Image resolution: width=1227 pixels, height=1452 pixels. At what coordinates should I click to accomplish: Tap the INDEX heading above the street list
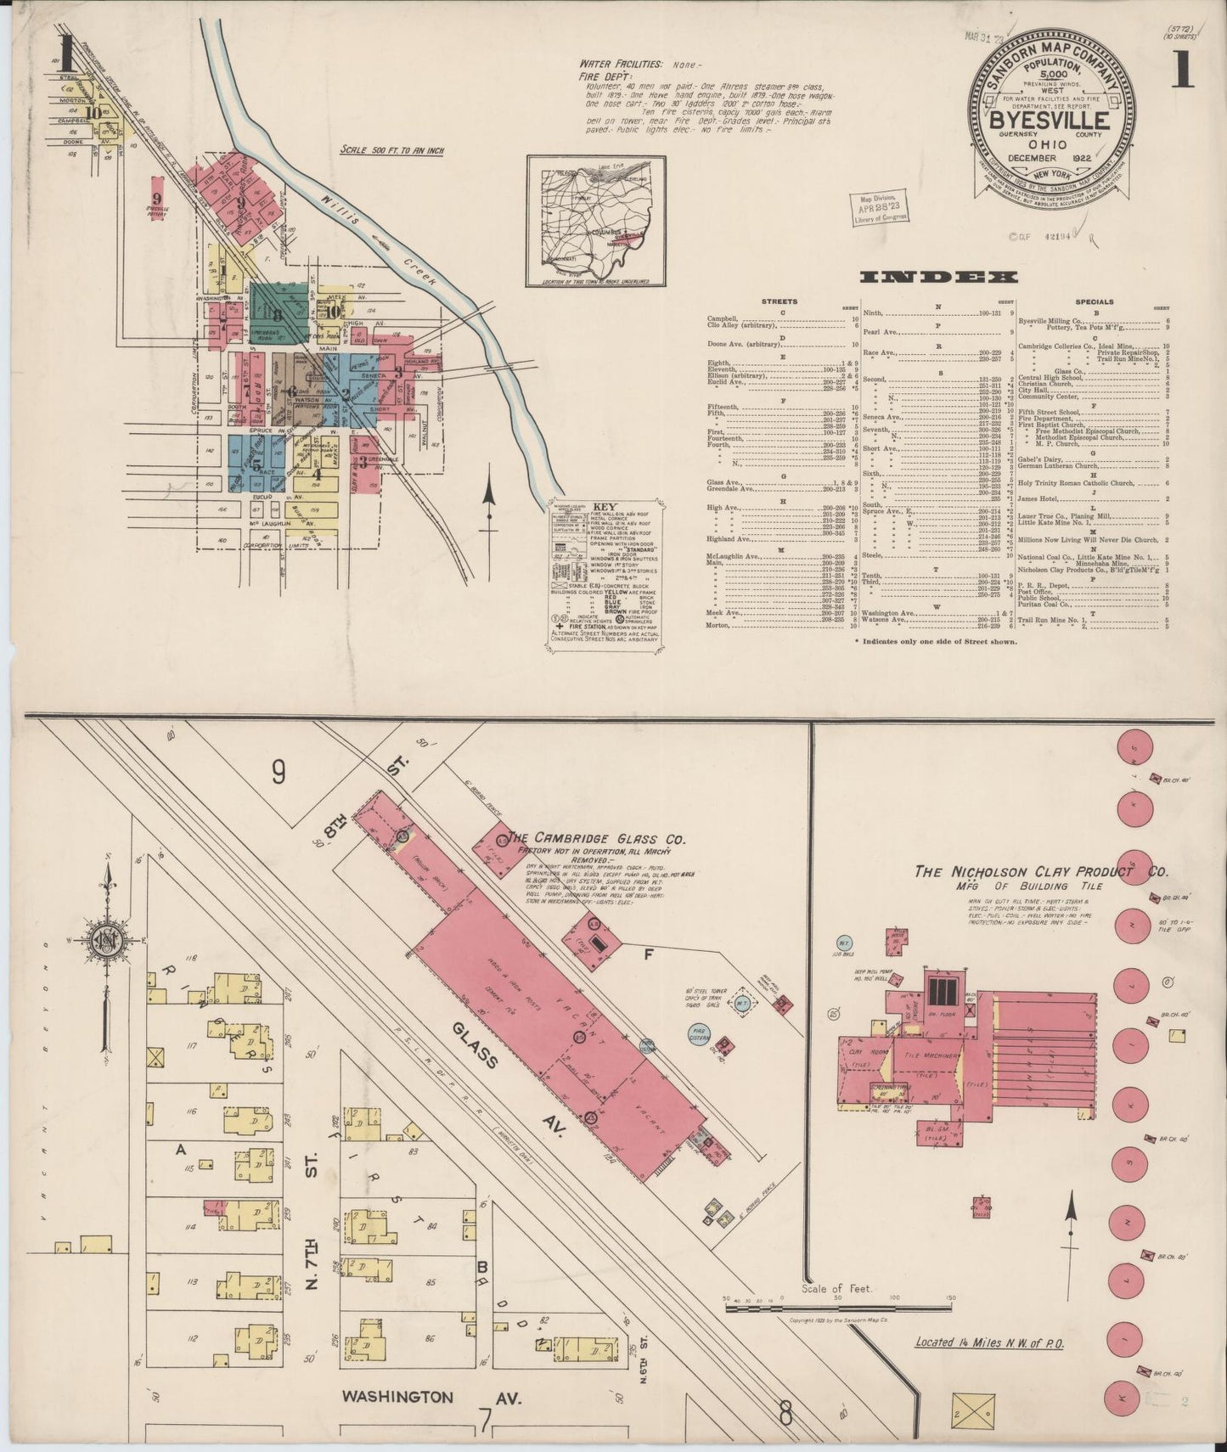pos(937,277)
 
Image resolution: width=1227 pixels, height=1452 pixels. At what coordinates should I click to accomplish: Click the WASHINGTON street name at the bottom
pos(397,1396)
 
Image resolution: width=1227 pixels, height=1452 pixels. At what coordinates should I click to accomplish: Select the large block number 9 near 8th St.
pos(279,771)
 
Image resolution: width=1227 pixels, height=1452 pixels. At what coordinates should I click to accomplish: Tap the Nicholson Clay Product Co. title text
pos(1040,872)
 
